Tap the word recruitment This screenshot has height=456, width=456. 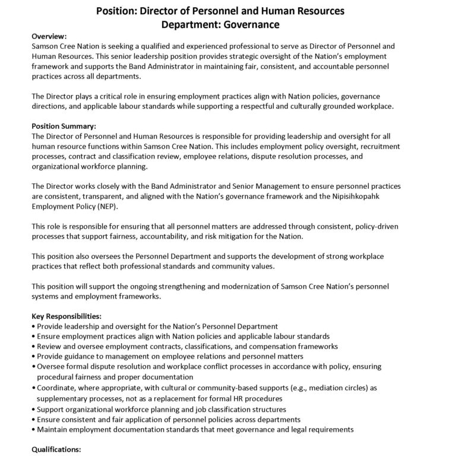click(x=375, y=145)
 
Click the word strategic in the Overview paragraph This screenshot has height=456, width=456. click(x=237, y=55)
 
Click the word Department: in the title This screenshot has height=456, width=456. click(x=199, y=24)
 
